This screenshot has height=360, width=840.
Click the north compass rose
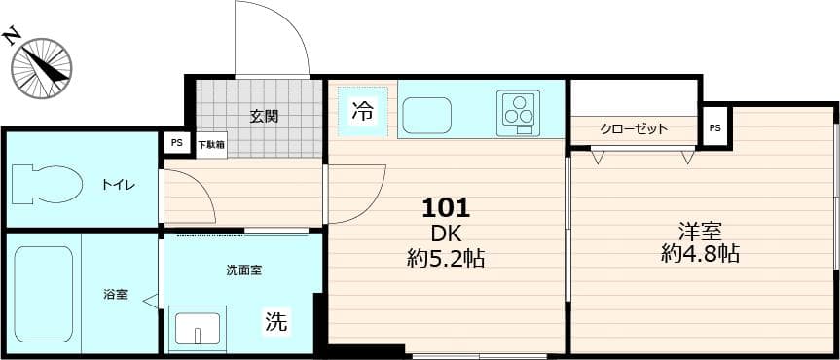click(42, 68)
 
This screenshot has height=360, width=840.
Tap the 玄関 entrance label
click(264, 116)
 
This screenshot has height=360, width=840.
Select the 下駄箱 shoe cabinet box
click(211, 145)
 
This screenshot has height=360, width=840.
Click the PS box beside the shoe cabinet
click(177, 143)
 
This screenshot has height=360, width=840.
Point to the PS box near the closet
click(714, 128)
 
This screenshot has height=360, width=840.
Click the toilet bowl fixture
click(47, 184)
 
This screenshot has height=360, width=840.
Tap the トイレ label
click(119, 186)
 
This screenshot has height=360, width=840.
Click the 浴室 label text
click(115, 295)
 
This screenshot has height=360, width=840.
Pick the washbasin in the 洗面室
click(198, 328)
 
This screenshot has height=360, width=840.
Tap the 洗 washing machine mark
click(277, 321)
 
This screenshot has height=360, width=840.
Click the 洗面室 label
click(243, 270)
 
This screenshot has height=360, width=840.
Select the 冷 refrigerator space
click(363, 111)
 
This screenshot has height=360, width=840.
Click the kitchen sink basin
click(426, 116)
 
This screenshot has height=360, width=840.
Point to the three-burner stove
click(518, 114)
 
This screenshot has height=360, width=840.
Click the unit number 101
click(446, 208)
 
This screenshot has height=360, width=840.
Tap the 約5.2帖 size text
click(446, 259)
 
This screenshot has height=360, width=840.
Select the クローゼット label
click(634, 129)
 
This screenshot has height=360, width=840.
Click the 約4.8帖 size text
click(700, 253)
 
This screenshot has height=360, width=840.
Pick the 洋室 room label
click(700, 232)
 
